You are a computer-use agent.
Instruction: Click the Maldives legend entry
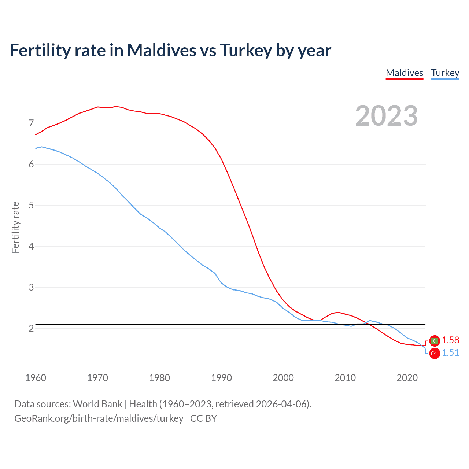click(x=405, y=73)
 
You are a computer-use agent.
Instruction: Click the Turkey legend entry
click(x=445, y=73)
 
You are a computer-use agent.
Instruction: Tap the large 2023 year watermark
click(x=387, y=116)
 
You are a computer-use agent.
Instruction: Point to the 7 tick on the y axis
click(x=31, y=123)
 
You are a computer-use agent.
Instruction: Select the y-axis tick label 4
click(x=31, y=246)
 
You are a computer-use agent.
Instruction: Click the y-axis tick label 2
click(x=31, y=328)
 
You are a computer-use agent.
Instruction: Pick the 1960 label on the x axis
click(x=36, y=378)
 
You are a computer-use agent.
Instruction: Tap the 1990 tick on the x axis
click(x=221, y=378)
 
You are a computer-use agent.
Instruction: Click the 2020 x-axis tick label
click(x=407, y=378)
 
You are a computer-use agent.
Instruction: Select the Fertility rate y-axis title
click(x=15, y=227)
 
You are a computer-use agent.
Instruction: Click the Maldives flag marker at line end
click(x=435, y=341)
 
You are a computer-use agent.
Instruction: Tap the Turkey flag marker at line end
click(x=435, y=353)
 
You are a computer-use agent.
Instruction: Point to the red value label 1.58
click(x=450, y=340)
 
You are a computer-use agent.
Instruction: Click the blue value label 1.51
click(x=450, y=352)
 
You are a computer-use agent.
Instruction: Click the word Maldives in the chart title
click(x=162, y=50)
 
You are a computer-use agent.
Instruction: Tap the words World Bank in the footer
click(x=97, y=404)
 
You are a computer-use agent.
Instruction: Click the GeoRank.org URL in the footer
click(x=99, y=418)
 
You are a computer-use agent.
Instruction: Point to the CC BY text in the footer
click(x=204, y=418)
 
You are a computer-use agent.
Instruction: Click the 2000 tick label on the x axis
click(x=283, y=378)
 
